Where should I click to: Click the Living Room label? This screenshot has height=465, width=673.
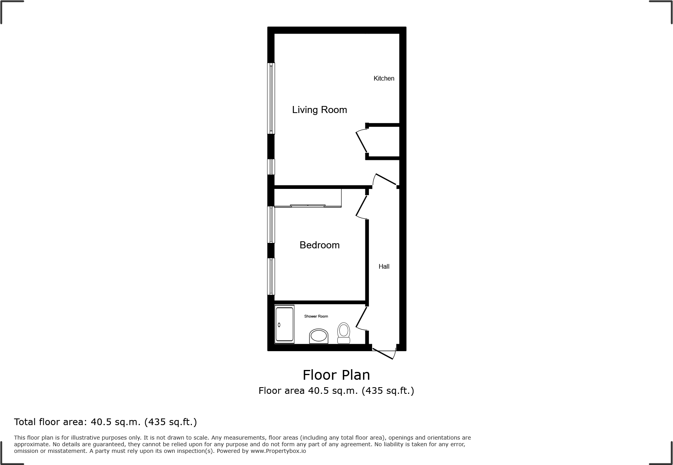[x=319, y=110]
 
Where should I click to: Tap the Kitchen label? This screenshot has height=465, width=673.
[x=384, y=79]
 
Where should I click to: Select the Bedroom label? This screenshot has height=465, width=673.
[x=319, y=245]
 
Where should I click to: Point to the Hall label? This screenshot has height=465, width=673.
[x=384, y=267]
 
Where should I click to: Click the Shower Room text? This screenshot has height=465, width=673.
[x=316, y=316]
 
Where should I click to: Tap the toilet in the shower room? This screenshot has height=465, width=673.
[x=344, y=333]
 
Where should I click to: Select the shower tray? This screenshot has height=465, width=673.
[x=284, y=324]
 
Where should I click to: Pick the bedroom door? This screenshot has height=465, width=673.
[x=362, y=206]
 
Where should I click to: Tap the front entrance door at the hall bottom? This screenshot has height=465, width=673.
[x=384, y=352]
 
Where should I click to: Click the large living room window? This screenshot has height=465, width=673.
[x=271, y=98]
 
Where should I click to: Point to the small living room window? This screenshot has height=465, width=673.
[x=271, y=167]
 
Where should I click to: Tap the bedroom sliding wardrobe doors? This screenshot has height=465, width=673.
[x=308, y=205]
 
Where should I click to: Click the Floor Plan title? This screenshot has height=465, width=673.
[x=336, y=375]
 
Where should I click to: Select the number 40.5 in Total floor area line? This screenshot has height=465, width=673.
[x=101, y=422]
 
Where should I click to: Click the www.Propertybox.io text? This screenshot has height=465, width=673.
[x=278, y=451]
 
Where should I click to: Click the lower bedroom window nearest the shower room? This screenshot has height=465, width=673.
[x=271, y=276]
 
